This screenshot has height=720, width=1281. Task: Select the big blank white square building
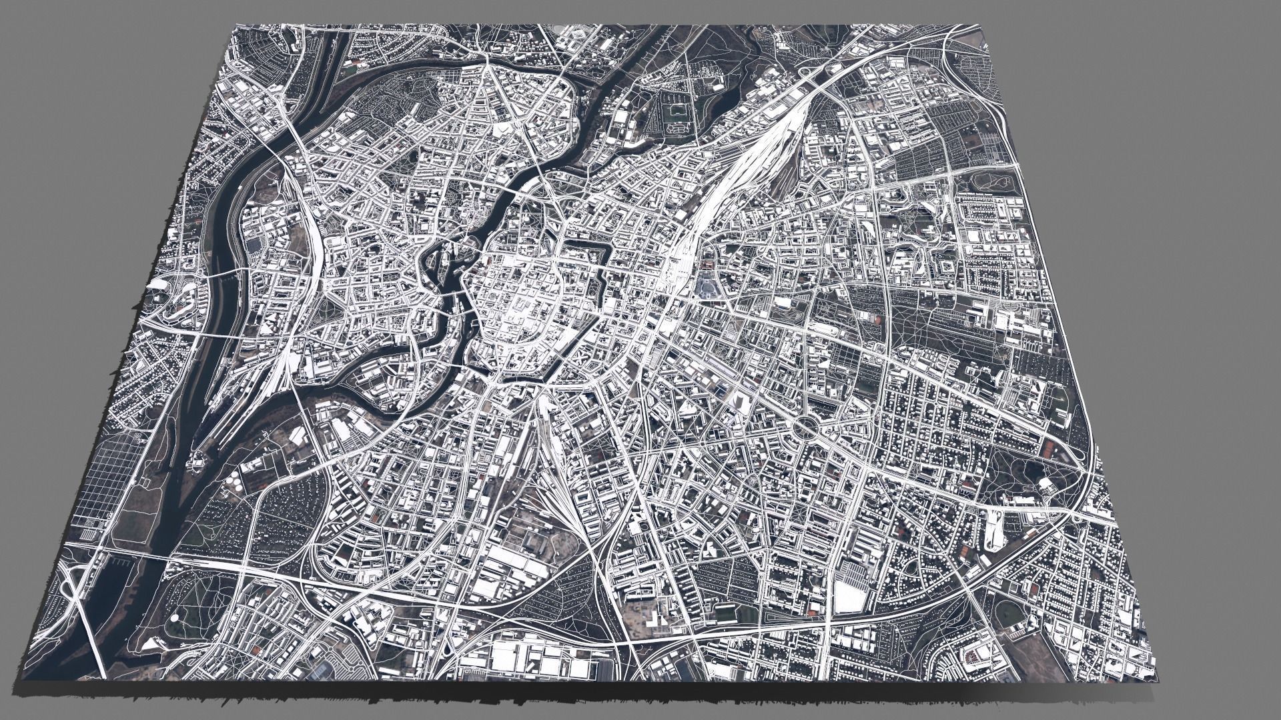click(x=848, y=595)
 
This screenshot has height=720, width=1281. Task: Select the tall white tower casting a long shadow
click(x=739, y=400)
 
